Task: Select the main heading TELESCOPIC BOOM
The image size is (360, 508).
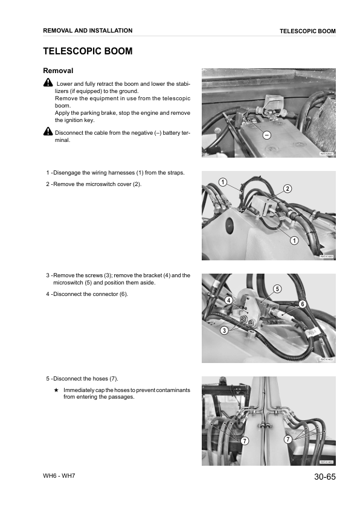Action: point(88,51)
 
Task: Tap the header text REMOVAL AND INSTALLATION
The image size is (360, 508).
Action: point(88,31)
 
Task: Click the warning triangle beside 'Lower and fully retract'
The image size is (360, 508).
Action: point(48,83)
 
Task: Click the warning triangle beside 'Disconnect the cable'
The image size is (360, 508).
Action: point(48,132)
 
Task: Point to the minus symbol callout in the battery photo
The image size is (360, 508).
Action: point(266,134)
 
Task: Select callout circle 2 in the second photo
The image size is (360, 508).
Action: point(288,189)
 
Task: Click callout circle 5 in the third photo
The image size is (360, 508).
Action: point(277,288)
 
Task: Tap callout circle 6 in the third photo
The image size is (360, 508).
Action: point(302,303)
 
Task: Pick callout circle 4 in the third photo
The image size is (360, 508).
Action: point(229,301)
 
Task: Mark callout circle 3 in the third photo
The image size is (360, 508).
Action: point(224,330)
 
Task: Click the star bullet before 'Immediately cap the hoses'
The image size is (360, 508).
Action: point(56,390)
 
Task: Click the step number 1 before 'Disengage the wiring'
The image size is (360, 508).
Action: point(48,173)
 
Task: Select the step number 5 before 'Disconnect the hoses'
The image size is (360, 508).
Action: point(48,379)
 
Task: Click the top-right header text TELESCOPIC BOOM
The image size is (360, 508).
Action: point(307,31)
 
